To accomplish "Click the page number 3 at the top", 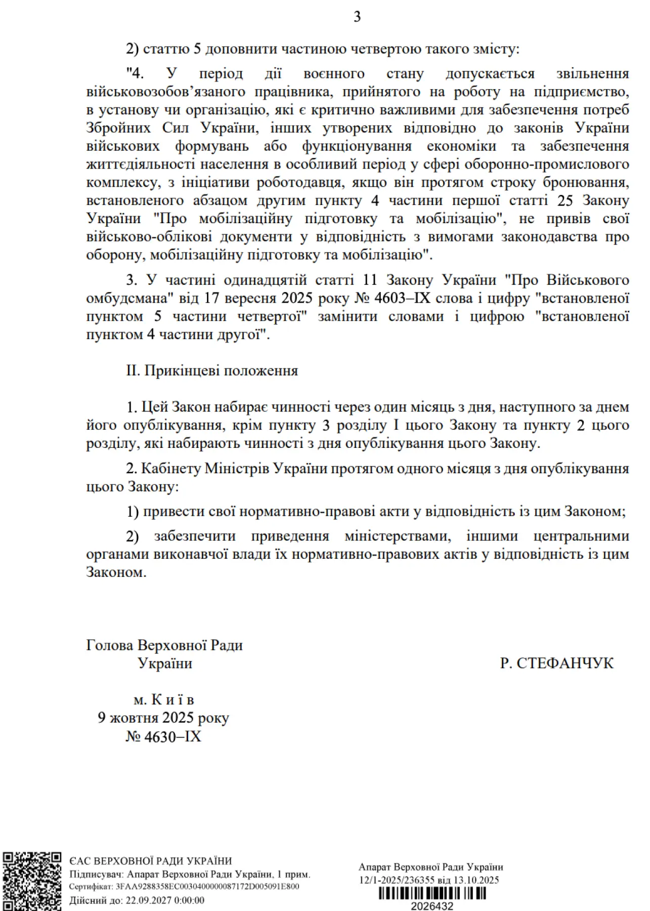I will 357,17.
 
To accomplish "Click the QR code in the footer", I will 32,881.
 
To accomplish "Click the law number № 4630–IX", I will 163,736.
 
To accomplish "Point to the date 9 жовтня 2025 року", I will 163,718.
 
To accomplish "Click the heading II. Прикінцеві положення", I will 212,370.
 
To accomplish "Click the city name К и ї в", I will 172,700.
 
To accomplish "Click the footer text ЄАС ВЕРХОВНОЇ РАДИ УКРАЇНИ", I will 151,861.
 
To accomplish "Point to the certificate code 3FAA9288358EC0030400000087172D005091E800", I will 207,887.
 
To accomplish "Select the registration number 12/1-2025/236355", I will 397,880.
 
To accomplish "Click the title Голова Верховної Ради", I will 164,645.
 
